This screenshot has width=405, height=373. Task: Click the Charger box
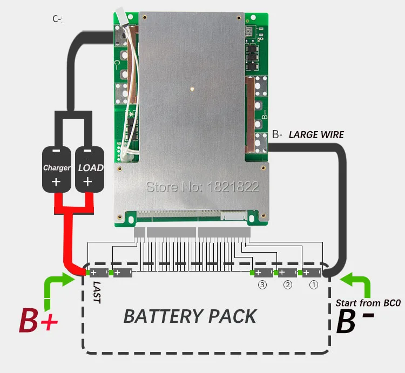(57, 167)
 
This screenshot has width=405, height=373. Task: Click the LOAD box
(90, 167)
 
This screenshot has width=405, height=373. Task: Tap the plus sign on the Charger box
(56, 182)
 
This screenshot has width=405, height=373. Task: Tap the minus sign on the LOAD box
(88, 152)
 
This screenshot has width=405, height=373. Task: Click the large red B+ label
(38, 321)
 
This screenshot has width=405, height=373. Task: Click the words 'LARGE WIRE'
(316, 134)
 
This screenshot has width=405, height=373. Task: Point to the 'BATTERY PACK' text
(190, 316)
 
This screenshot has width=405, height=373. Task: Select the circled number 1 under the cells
(313, 284)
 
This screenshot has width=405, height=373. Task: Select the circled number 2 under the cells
(288, 284)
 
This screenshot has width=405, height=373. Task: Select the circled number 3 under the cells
(262, 284)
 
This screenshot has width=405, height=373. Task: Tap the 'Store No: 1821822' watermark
(204, 187)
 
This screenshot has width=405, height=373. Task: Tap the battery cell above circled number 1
(313, 273)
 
